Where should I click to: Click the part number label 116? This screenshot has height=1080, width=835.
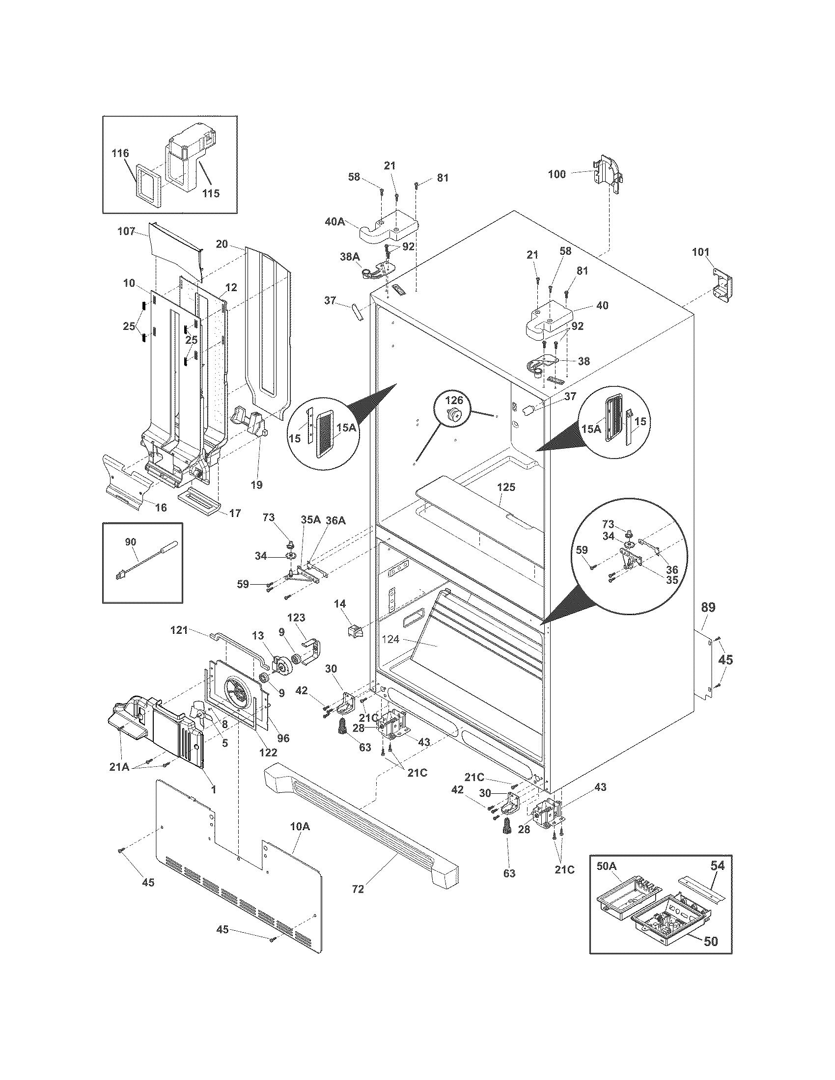point(120,153)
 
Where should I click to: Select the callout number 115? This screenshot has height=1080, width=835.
point(211,193)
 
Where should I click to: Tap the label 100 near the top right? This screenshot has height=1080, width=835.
point(557,174)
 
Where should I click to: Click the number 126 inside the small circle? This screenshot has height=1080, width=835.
point(453,399)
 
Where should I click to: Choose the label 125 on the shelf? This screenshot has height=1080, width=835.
point(506,487)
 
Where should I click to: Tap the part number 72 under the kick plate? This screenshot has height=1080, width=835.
point(358,889)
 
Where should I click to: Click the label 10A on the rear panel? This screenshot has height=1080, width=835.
point(300,826)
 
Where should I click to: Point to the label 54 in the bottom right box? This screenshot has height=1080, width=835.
point(717,865)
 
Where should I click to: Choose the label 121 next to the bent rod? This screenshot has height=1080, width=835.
point(180,630)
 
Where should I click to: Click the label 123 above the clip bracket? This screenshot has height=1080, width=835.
point(296,618)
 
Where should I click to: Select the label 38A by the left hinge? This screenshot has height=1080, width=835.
point(350,257)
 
